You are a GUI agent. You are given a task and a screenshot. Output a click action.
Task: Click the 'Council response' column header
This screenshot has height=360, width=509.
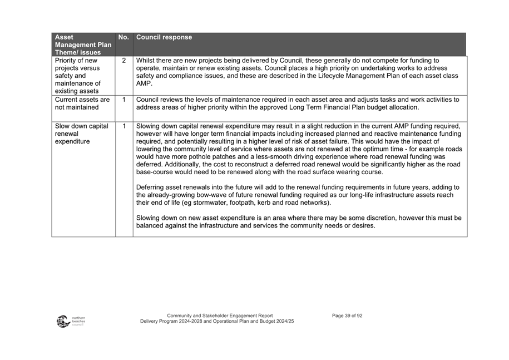click(x=164, y=38)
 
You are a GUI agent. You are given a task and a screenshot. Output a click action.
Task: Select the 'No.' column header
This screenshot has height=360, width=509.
click(x=123, y=38)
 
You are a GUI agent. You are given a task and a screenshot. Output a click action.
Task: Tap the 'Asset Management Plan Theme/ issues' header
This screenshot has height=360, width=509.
click(x=83, y=45)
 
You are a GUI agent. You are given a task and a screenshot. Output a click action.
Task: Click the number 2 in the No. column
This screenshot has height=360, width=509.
click(x=124, y=61)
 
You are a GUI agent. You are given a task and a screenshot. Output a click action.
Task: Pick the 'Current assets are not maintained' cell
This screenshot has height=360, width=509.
click(x=82, y=103)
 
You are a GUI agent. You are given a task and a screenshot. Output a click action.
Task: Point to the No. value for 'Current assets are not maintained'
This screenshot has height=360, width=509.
click(x=124, y=100)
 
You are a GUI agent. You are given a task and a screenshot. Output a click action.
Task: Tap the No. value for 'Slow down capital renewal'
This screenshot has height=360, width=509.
click(x=124, y=126)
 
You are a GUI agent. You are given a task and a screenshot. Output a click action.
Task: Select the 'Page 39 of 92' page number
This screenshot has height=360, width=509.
click(x=347, y=315)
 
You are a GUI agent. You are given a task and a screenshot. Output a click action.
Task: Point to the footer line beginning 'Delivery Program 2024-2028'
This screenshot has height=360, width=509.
click(x=217, y=322)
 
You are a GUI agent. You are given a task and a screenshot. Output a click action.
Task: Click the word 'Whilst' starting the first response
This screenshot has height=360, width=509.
click(x=146, y=61)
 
